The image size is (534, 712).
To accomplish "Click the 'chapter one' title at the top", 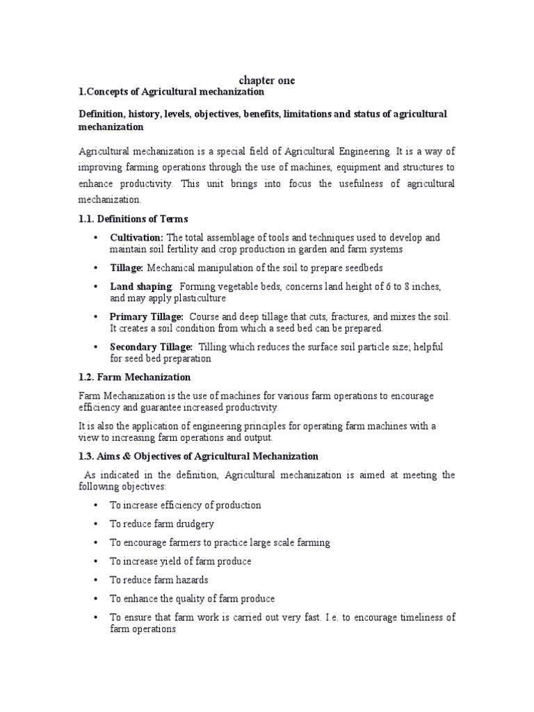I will point(267,81).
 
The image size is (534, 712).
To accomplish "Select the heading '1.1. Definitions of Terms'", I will point(133,219).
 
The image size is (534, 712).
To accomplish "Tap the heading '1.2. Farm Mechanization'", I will point(134,377).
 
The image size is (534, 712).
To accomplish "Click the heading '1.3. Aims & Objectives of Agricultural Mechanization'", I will point(198,456).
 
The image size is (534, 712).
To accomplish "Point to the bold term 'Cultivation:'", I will point(136,238).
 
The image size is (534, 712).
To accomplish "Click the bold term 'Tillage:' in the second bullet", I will point(127,268).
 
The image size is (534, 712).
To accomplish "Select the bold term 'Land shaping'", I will point(140,286).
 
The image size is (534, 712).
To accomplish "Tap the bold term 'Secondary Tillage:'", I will point(152,347).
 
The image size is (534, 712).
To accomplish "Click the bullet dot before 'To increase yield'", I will point(95,561).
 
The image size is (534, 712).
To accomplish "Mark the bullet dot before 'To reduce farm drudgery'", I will point(95,524).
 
